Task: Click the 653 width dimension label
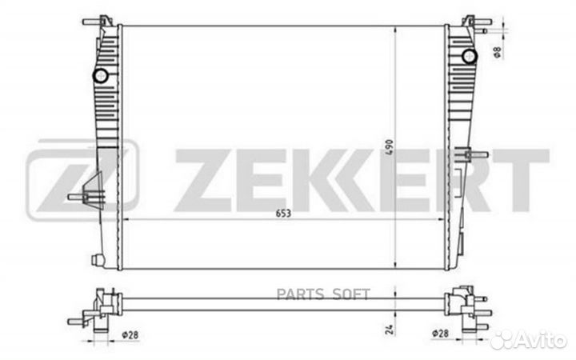(x=283, y=214)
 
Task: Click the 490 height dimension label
(x=390, y=147)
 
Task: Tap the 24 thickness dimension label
(x=390, y=329)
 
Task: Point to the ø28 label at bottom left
(x=130, y=335)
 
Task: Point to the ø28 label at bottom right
(x=440, y=334)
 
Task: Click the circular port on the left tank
(x=100, y=76)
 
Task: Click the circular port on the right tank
(x=469, y=56)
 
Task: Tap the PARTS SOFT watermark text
(x=323, y=294)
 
